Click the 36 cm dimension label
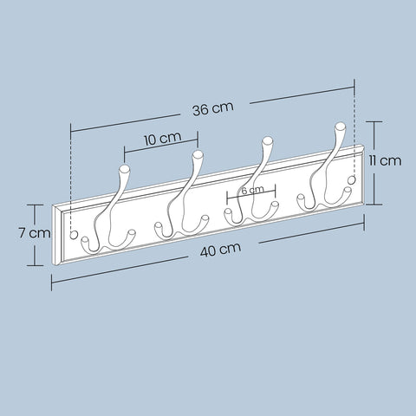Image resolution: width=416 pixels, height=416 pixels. click(x=212, y=108)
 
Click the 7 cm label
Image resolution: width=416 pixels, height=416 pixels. click(x=35, y=232)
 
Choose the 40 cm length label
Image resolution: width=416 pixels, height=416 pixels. click(x=220, y=250)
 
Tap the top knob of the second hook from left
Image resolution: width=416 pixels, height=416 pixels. click(x=198, y=155)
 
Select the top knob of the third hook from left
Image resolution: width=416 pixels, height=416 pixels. click(x=268, y=140)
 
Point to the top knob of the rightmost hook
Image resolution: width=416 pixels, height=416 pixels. click(x=339, y=128)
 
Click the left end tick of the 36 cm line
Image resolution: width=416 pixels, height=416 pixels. click(x=70, y=130)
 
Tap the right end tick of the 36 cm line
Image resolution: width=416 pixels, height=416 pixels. click(x=355, y=85)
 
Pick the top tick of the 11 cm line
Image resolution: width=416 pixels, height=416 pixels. click(x=374, y=122)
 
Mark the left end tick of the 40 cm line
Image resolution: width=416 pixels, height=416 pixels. click(x=51, y=283)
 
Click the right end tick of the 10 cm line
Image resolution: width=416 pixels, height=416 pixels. click(x=198, y=137)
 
